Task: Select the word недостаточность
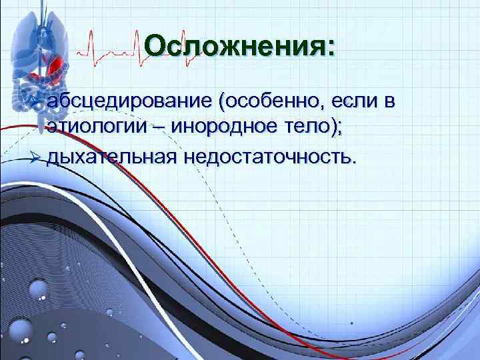tap(267, 157)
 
